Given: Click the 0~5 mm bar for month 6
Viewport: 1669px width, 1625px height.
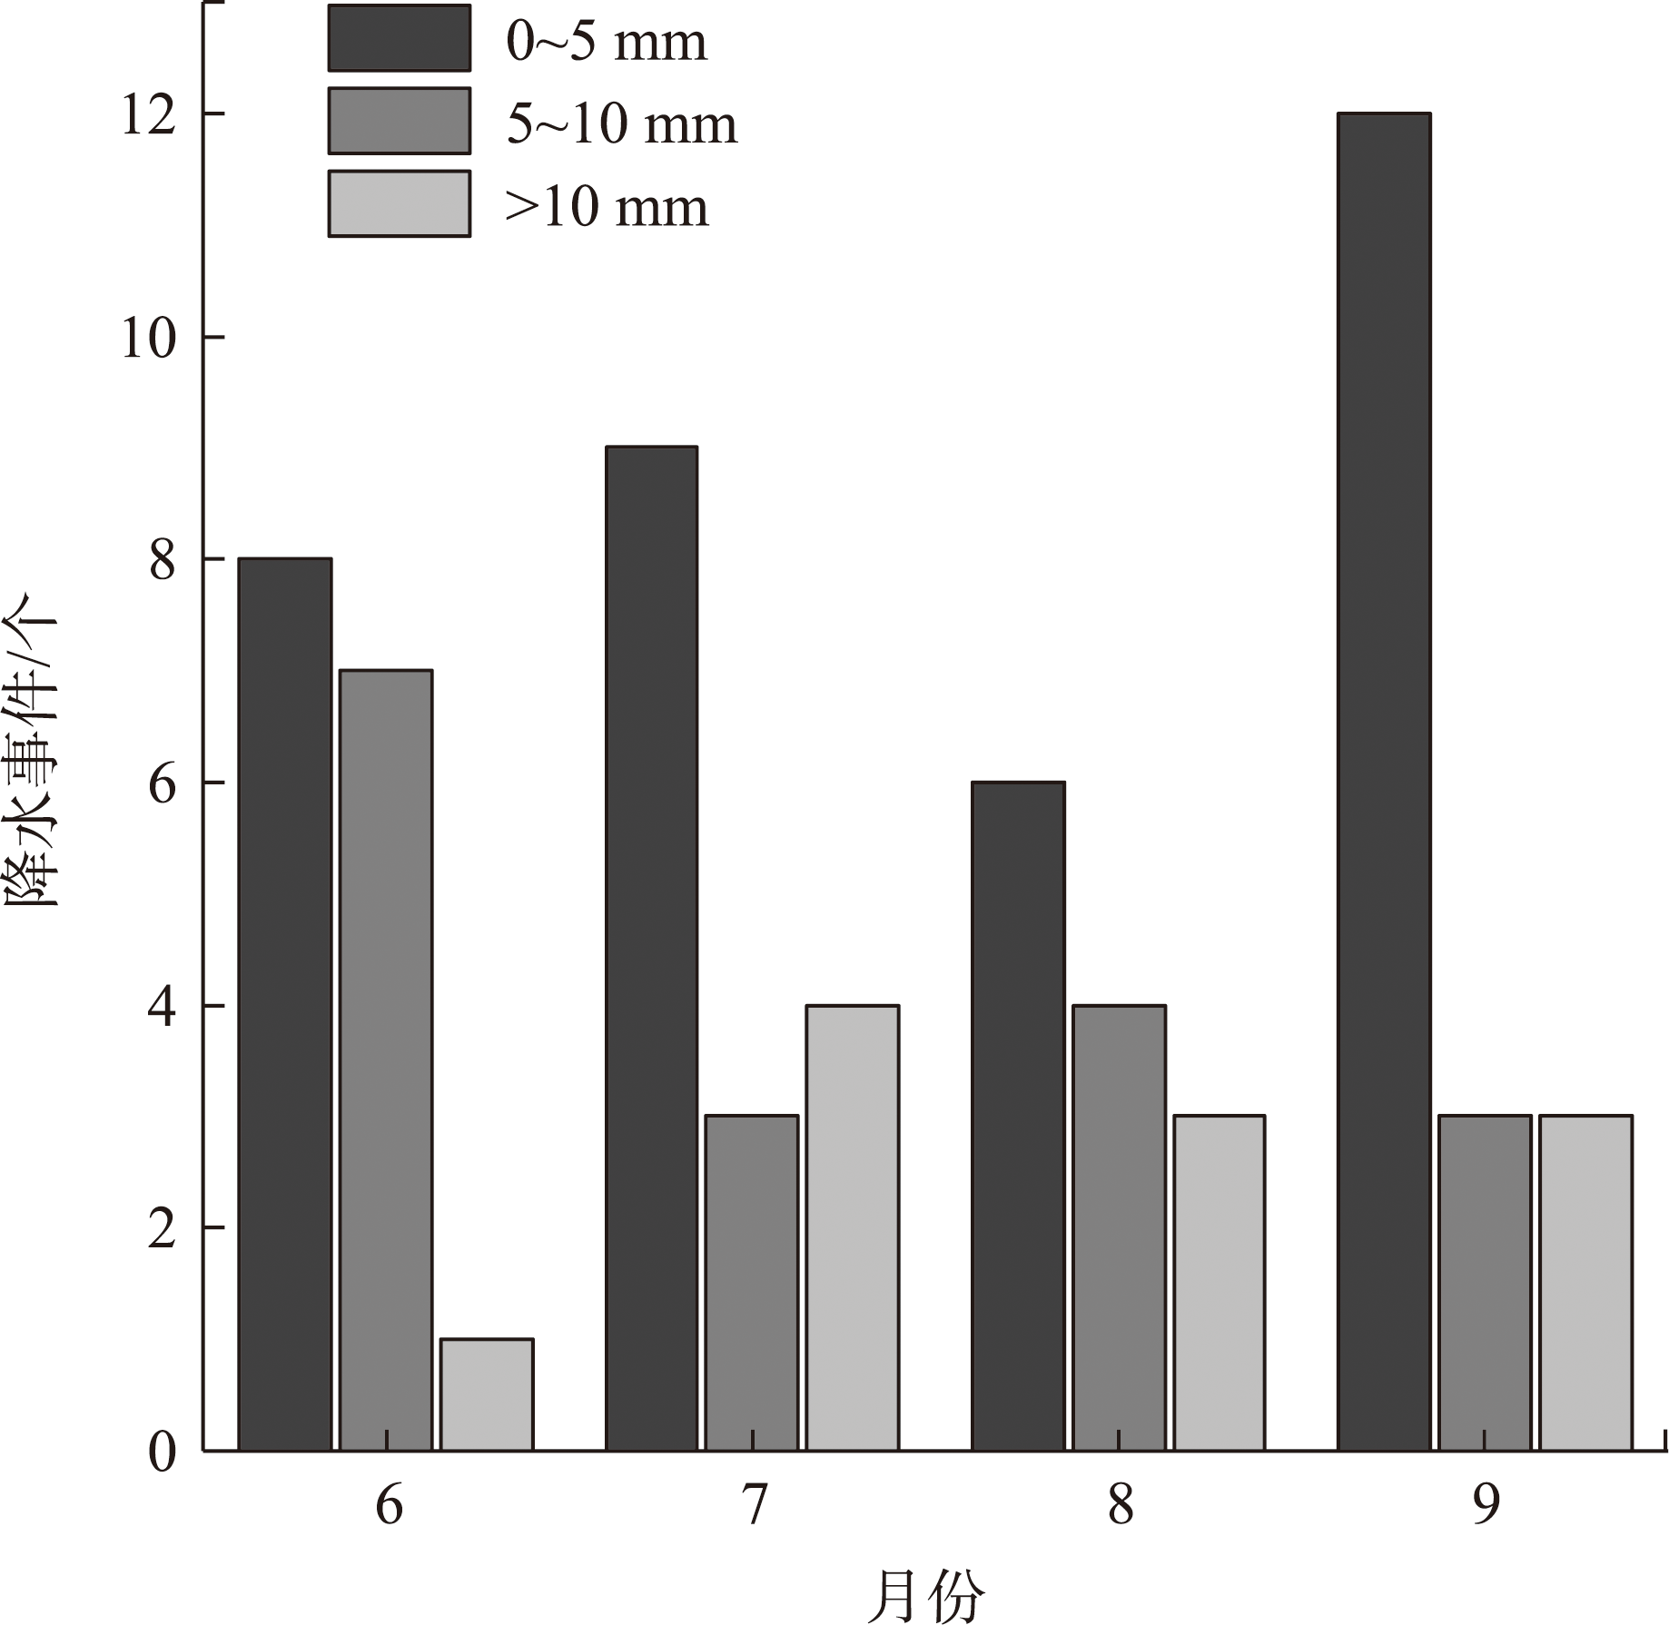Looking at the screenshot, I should tap(284, 1003).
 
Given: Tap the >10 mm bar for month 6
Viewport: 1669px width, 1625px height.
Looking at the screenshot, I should tap(487, 1394).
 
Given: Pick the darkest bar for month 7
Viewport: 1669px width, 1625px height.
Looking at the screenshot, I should tap(651, 948).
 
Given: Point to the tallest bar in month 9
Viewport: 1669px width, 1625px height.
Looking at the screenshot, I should tap(1384, 781).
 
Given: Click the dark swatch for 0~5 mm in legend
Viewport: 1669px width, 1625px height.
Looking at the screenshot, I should tap(400, 38).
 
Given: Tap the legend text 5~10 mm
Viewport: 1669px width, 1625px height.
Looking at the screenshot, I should tap(622, 123).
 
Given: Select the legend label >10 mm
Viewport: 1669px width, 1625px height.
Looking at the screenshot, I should tap(607, 207).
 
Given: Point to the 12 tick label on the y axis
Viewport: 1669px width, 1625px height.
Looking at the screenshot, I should tap(148, 115).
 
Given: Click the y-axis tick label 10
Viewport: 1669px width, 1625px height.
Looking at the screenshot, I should tap(148, 338).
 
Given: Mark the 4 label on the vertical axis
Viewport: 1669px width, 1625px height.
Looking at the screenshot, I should tap(162, 1007).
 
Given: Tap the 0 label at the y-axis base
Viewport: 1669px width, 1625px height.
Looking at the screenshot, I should tap(162, 1452).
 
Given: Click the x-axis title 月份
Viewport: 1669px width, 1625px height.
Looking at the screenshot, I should tap(925, 1596).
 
